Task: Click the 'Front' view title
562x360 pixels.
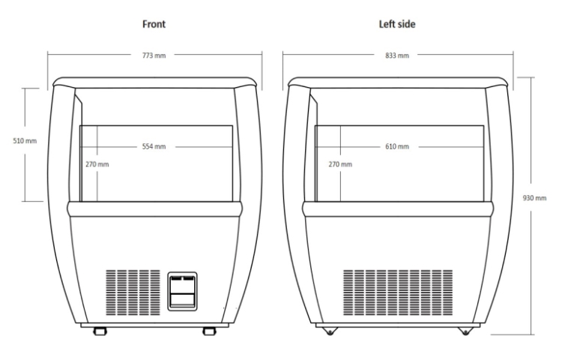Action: coord(154,24)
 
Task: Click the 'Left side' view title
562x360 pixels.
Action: coord(397,24)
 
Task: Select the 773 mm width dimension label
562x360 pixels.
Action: coord(154,55)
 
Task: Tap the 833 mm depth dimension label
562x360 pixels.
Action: coord(397,55)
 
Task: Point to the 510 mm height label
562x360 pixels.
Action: coord(25,140)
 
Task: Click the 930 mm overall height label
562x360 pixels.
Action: coord(534,197)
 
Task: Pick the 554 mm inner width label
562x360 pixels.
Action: coord(154,146)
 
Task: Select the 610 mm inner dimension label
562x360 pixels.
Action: coord(397,146)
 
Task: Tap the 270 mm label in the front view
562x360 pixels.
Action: coord(97,164)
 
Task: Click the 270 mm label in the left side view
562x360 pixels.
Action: coord(340,164)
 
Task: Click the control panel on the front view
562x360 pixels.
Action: coord(182,291)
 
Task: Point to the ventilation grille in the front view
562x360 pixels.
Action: coord(133,292)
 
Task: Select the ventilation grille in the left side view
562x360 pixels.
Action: coord(398,292)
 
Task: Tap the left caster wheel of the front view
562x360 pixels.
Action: coord(100,331)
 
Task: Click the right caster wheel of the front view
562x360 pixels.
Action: coord(209,331)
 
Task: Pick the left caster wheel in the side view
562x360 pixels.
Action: coord(330,331)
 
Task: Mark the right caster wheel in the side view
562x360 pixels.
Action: coord(465,331)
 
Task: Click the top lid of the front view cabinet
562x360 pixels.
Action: coord(155,82)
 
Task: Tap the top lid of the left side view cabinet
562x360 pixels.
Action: coord(398,82)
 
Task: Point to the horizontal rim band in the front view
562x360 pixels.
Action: coord(155,209)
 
